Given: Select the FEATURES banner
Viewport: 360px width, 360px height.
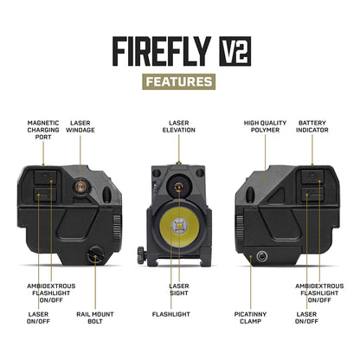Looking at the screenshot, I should point(179,82).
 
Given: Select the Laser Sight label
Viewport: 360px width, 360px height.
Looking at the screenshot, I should point(179,290).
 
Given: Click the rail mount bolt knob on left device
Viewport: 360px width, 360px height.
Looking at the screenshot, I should point(96,255).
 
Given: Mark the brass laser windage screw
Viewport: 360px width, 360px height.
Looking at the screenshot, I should point(80,185).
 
